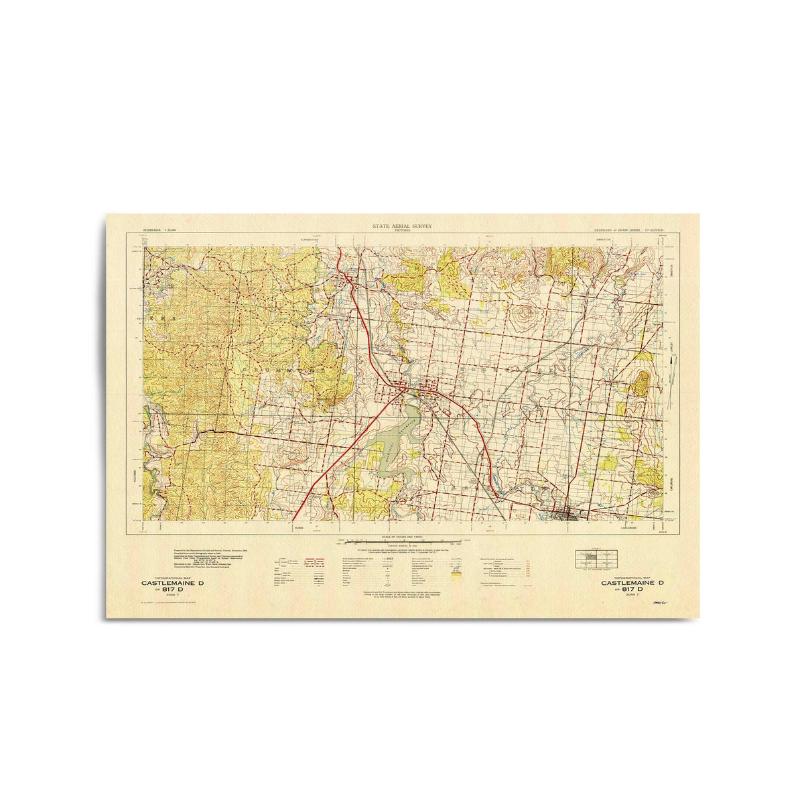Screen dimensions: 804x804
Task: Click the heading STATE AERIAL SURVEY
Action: [403, 226]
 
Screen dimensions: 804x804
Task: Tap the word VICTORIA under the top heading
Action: [403, 231]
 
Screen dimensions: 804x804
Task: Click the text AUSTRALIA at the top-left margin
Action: [153, 230]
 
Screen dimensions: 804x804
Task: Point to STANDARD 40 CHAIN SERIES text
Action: [617, 230]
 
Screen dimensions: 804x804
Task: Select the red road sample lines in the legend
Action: [314, 563]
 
